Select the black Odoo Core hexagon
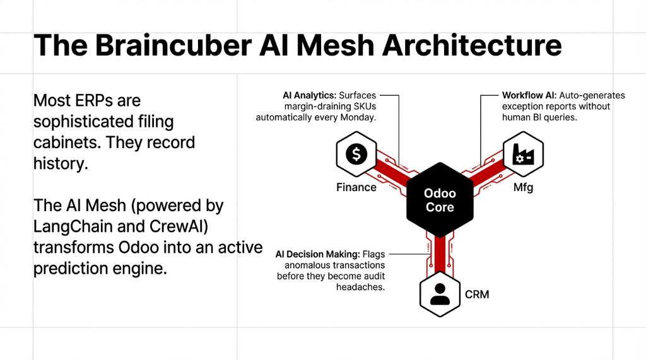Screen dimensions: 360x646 pos(440,200)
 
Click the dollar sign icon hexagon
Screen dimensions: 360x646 pos(356,155)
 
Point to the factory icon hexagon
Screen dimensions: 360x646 pos(523,155)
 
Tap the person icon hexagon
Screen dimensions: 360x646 pos(440,294)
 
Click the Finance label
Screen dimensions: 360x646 pos(356,187)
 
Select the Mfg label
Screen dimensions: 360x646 pos(523,187)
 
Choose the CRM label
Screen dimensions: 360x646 pos(477,294)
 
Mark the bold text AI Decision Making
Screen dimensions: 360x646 pos(317,254)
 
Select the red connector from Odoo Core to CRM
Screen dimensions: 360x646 pos(440,252)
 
